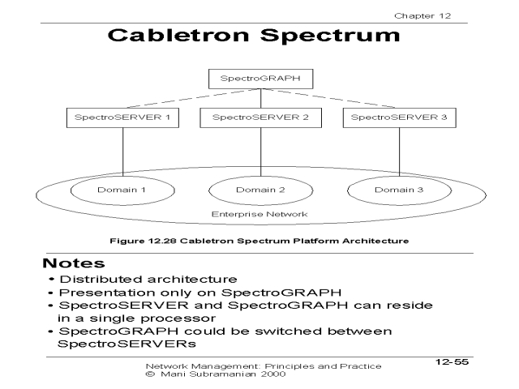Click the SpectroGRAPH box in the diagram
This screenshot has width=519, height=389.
click(x=259, y=79)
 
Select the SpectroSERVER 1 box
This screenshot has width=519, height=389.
click(x=122, y=118)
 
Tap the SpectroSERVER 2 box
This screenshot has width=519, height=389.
click(x=259, y=118)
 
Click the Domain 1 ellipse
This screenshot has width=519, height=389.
click(x=122, y=190)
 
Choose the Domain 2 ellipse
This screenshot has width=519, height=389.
click(x=259, y=190)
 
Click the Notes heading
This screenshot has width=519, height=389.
click(x=75, y=264)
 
